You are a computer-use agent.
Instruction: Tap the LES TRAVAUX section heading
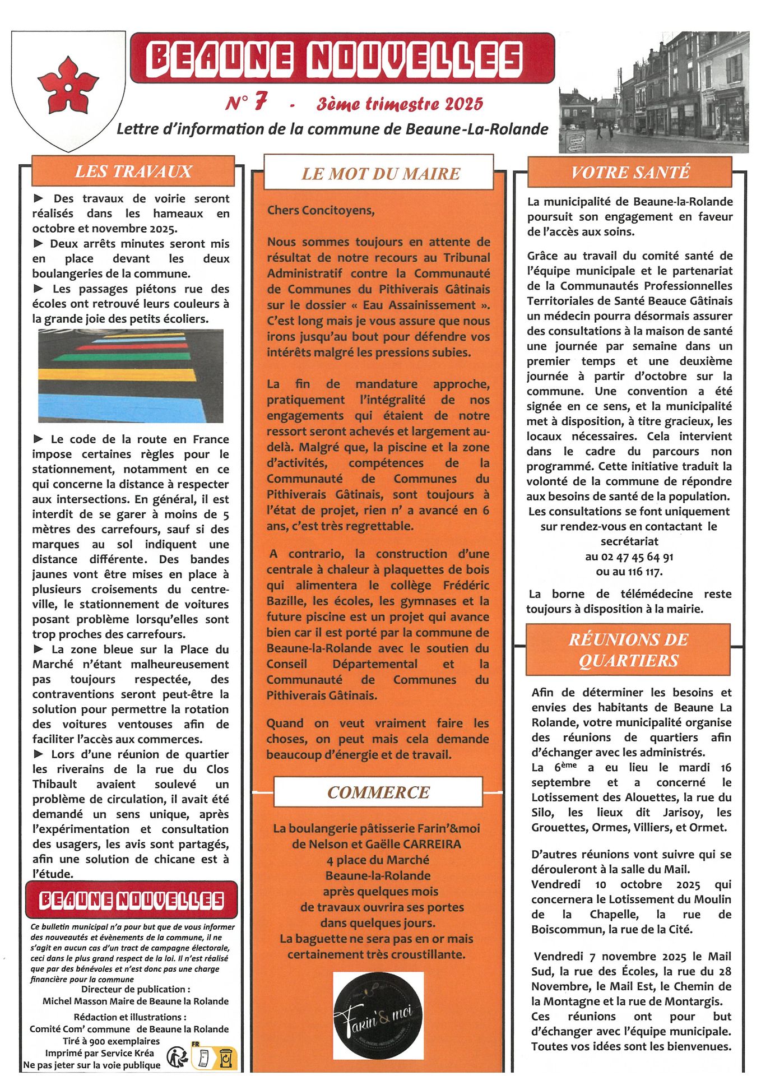click(133, 171)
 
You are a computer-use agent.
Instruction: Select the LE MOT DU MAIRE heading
click(380, 174)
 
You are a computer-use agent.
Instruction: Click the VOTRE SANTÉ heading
click(630, 172)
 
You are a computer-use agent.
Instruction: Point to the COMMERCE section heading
click(378, 792)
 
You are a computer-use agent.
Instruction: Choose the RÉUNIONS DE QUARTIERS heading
click(628, 650)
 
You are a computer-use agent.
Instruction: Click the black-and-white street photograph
click(654, 93)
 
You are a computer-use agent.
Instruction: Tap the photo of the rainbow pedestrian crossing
click(131, 375)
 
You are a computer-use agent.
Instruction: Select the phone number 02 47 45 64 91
click(629, 556)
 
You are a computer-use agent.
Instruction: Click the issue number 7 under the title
click(259, 102)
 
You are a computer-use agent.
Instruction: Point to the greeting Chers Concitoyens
click(321, 211)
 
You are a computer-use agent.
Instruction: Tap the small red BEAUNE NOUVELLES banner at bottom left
click(132, 901)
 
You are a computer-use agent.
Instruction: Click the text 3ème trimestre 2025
click(400, 104)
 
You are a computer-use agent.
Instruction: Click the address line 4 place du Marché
click(378, 860)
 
